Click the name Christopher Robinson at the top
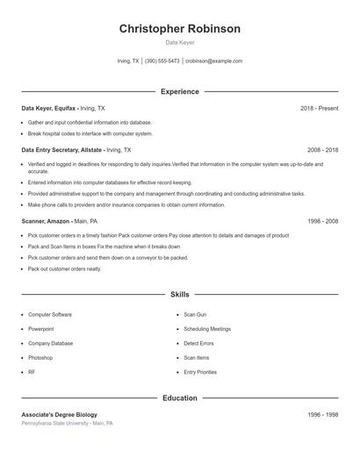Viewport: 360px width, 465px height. (x=179, y=29)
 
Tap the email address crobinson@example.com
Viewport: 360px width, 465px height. (x=213, y=61)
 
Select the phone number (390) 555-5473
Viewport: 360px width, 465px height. (x=162, y=61)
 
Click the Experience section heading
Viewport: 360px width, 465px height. (x=179, y=91)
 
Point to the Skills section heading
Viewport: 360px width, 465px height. (x=179, y=296)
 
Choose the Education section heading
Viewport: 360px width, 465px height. (x=179, y=398)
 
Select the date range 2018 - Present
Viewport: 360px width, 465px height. (x=319, y=108)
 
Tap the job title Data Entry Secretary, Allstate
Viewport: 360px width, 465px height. (x=61, y=150)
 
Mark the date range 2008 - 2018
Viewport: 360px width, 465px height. (x=322, y=150)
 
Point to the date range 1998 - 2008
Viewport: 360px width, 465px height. (x=322, y=221)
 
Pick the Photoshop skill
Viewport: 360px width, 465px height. (x=40, y=358)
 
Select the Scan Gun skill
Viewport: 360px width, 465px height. (x=195, y=314)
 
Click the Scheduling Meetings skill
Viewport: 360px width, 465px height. (x=207, y=329)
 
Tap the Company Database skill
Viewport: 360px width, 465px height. (x=51, y=343)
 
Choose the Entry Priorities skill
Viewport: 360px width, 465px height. (x=200, y=372)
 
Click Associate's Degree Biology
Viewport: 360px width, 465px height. (x=59, y=414)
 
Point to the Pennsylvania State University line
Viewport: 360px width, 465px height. (x=67, y=423)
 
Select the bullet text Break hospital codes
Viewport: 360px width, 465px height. (x=90, y=133)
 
